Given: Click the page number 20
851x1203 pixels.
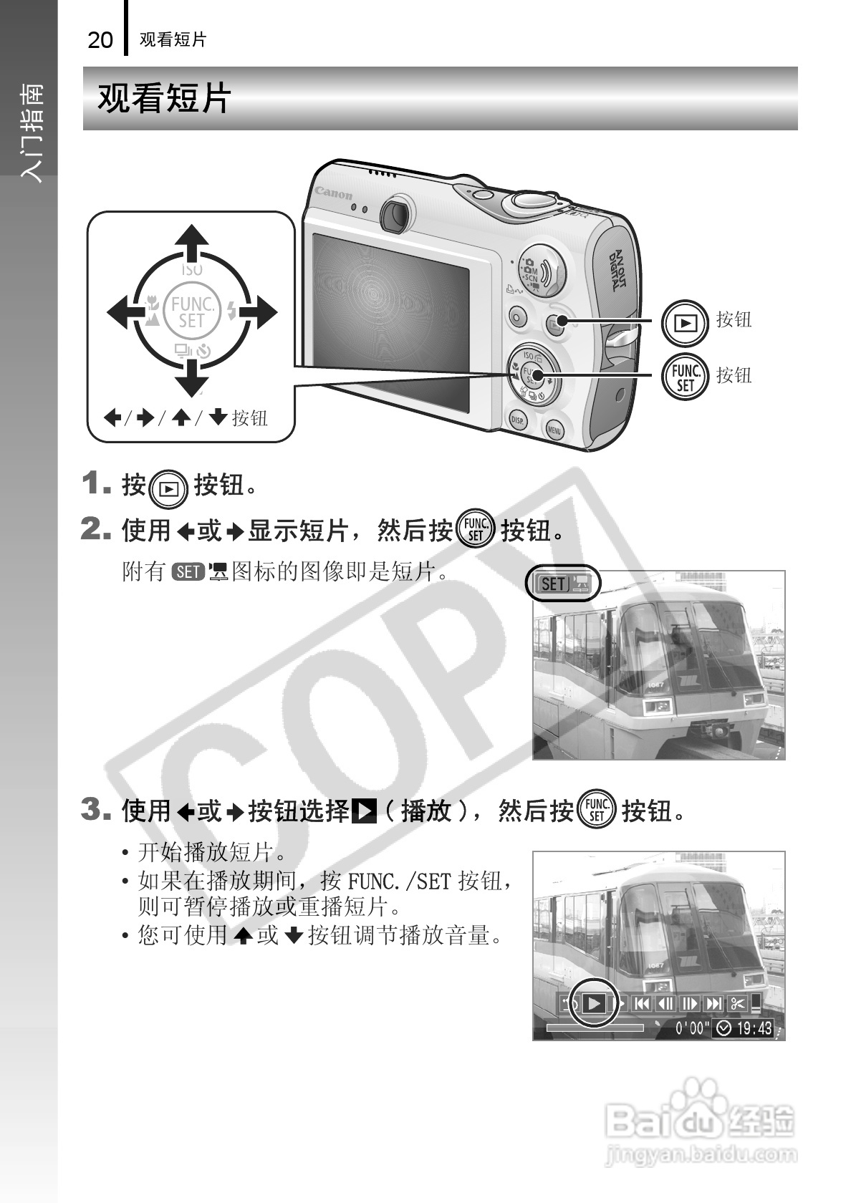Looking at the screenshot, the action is click(100, 40).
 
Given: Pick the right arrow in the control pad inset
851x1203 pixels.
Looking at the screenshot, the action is click(258, 312).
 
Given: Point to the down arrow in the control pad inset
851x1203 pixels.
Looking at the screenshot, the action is click(192, 378).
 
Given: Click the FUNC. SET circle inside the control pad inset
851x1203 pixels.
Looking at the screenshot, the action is click(192, 313).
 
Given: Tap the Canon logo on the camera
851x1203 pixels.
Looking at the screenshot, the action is click(334, 193).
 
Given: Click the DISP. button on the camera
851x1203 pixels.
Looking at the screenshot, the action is click(517, 420).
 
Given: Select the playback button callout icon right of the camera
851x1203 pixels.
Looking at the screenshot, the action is click(685, 323).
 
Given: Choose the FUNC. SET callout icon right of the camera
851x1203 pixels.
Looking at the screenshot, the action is click(685, 377).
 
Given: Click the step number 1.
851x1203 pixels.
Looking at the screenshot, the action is click(97, 483).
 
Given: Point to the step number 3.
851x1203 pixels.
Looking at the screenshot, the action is click(97, 809).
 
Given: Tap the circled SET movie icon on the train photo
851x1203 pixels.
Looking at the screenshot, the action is click(562, 583).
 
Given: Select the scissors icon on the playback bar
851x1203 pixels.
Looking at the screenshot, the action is click(738, 1003).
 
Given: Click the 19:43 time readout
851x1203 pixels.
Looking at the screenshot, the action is click(754, 1028).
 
